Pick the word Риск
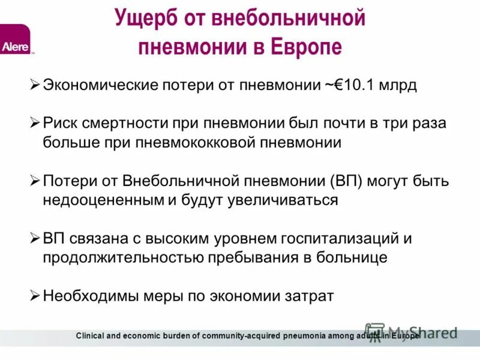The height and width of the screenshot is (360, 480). pos(60,123)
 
